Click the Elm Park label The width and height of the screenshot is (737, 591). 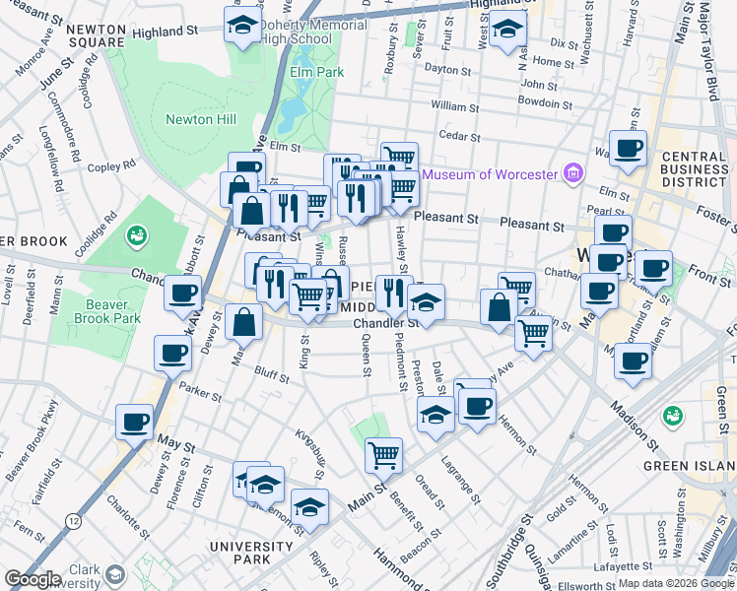tap(316, 72)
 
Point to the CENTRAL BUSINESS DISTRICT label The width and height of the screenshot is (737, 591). tap(694, 169)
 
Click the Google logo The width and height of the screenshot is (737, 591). tap(33, 579)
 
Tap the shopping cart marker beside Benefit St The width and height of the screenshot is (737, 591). tap(382, 454)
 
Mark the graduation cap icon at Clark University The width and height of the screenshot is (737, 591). tap(114, 575)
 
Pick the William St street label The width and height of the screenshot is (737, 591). tap(453, 104)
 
